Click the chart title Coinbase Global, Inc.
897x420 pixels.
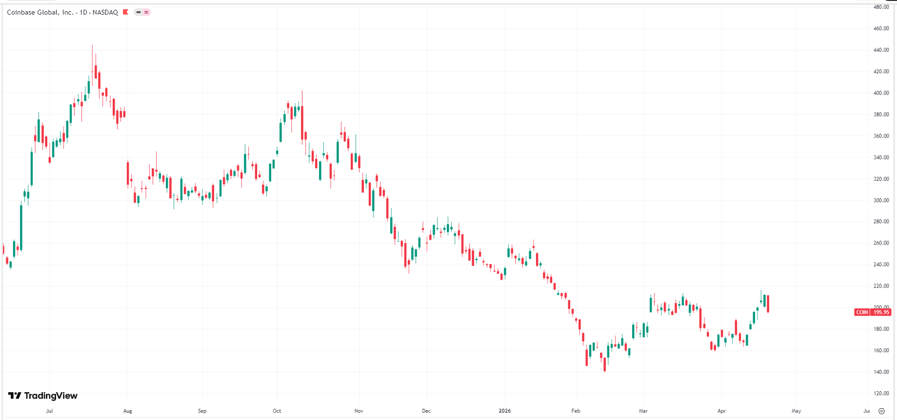pyautogui.click(x=40, y=12)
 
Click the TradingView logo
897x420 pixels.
pyautogui.click(x=43, y=396)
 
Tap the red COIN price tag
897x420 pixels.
pyautogui.click(x=873, y=312)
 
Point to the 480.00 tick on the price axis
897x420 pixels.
pyautogui.click(x=881, y=7)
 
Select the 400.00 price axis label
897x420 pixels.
pyautogui.click(x=881, y=93)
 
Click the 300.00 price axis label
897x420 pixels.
pyautogui.click(x=881, y=200)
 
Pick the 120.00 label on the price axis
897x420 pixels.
pyautogui.click(x=881, y=393)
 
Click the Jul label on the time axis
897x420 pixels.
pyautogui.click(x=49, y=411)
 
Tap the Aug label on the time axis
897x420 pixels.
pyautogui.click(x=128, y=411)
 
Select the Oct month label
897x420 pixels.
pyautogui.click(x=277, y=411)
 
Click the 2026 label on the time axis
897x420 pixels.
pyautogui.click(x=505, y=411)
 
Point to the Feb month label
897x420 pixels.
pyautogui.click(x=576, y=411)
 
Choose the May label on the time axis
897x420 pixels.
pyautogui.click(x=796, y=411)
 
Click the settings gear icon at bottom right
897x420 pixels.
pyautogui.click(x=881, y=411)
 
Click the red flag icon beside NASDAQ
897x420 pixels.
pyautogui.click(x=125, y=12)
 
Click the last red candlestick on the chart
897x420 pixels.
pyautogui.click(x=768, y=304)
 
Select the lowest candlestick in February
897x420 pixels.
pyautogui.click(x=605, y=363)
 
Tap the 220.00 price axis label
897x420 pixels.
pyautogui.click(x=881, y=286)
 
